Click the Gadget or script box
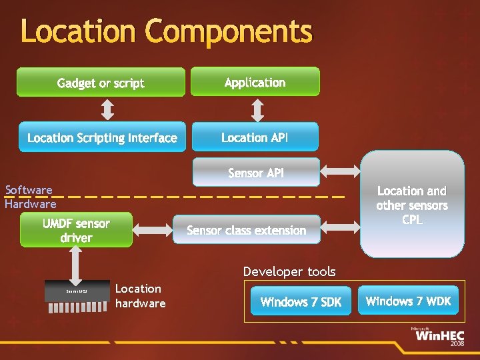(x=101, y=82)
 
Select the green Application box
(x=255, y=81)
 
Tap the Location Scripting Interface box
(x=101, y=137)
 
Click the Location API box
(x=255, y=137)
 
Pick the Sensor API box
(x=256, y=172)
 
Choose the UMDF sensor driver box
(x=76, y=230)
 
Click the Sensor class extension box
(x=247, y=229)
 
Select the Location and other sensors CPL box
(x=412, y=204)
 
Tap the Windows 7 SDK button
(x=301, y=301)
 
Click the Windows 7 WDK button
(x=408, y=301)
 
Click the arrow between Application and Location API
(x=255, y=109)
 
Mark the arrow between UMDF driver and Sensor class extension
(x=153, y=229)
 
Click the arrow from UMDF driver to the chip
(x=75, y=265)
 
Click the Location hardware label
(x=140, y=295)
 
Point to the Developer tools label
(x=289, y=271)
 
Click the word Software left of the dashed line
(x=29, y=190)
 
